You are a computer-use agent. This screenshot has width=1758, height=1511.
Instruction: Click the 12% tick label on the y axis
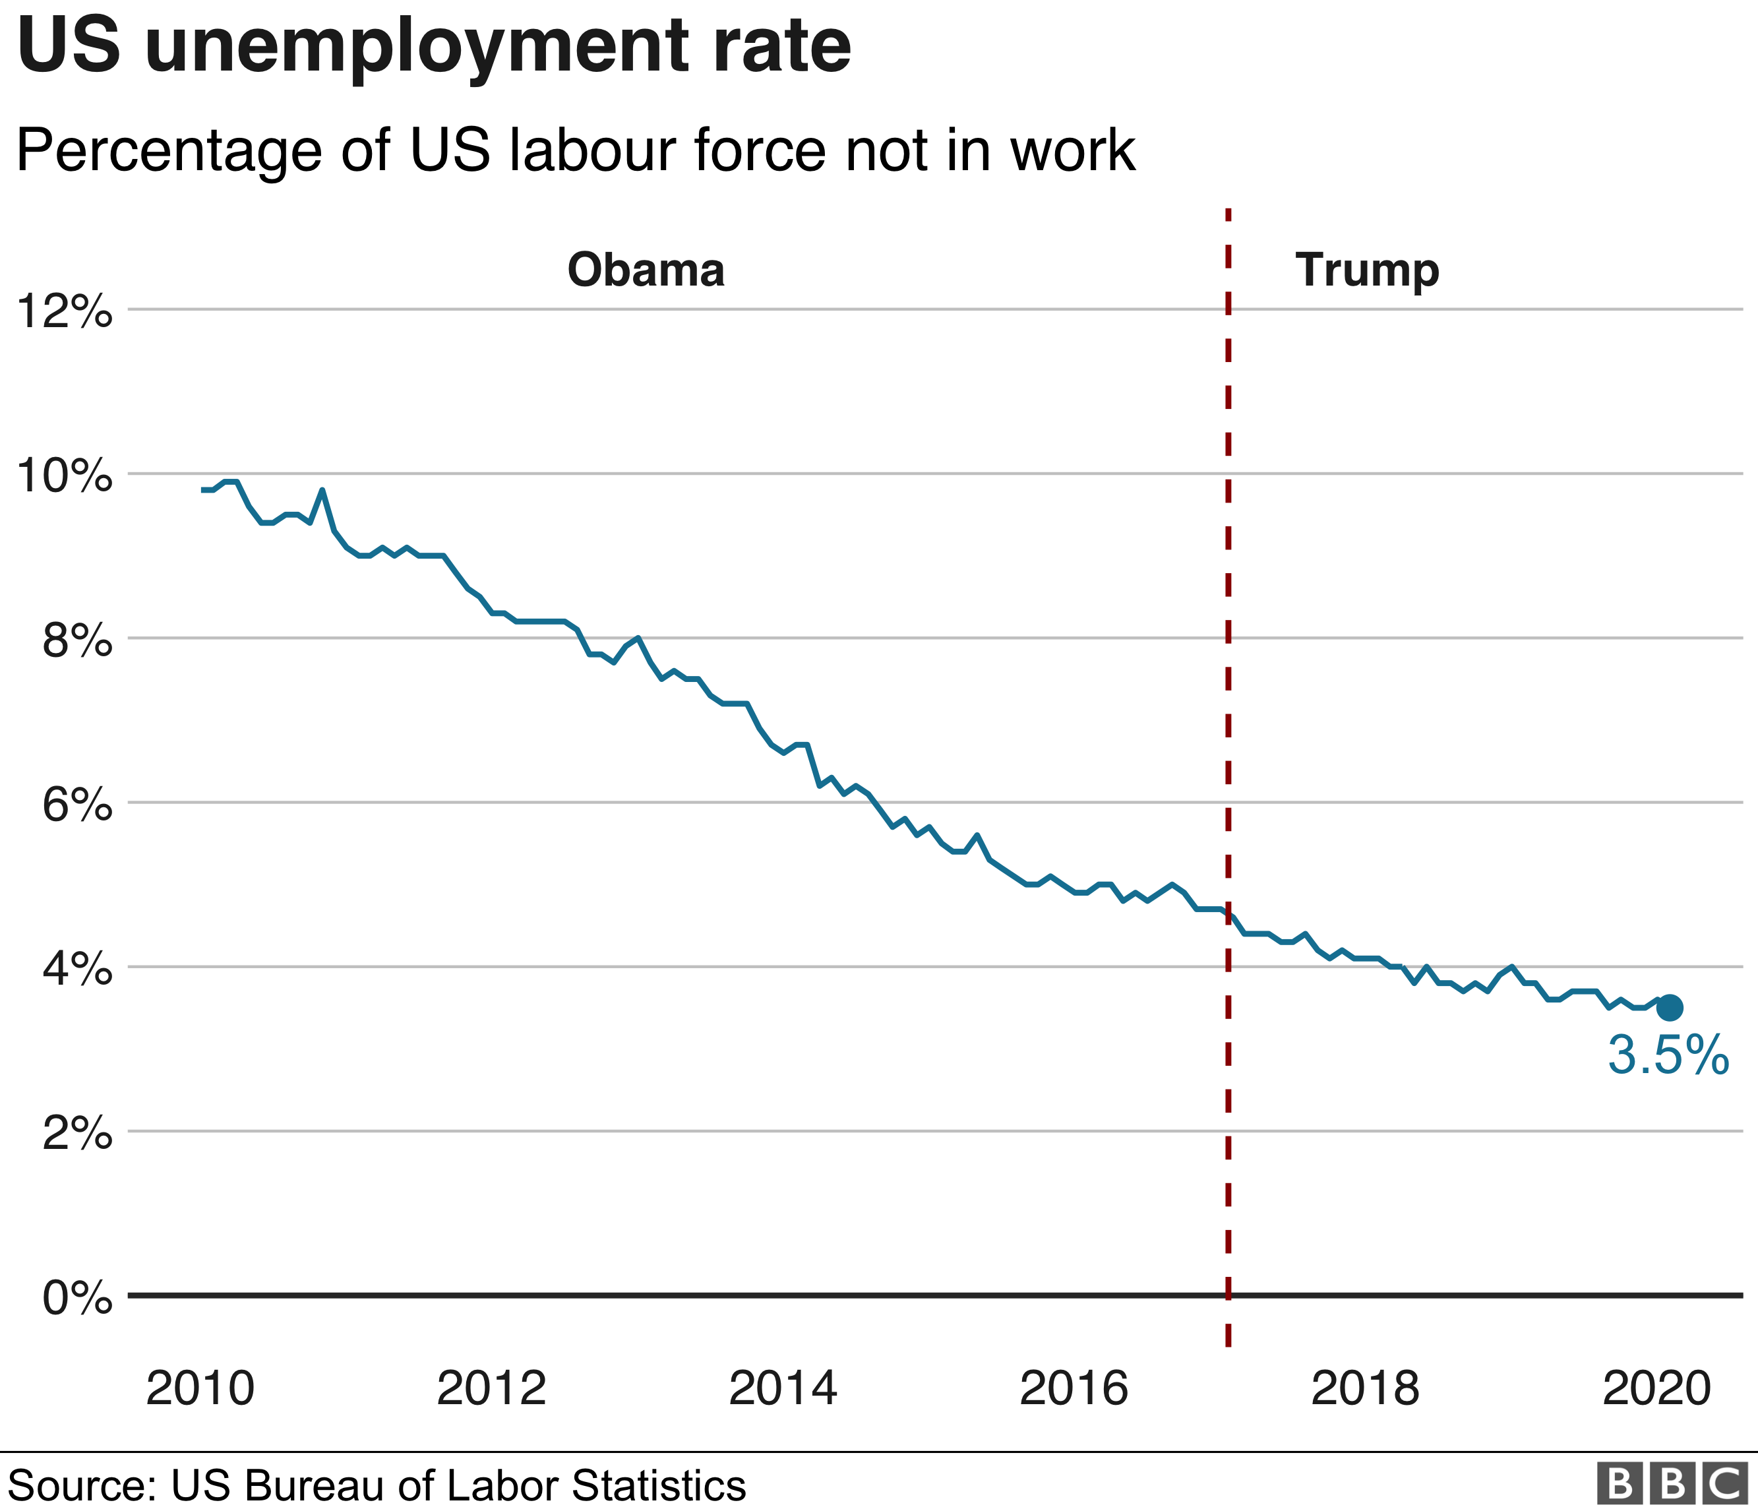pyautogui.click(x=65, y=311)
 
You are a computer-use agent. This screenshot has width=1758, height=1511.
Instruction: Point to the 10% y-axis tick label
pyautogui.click(x=65, y=476)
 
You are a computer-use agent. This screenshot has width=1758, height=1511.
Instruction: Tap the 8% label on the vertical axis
pyautogui.click(x=77, y=640)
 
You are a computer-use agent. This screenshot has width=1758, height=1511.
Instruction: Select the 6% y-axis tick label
pyautogui.click(x=77, y=804)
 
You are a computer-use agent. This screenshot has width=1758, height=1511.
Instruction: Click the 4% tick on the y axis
pyautogui.click(x=77, y=969)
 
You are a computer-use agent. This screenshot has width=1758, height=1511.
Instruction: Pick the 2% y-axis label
pyautogui.click(x=77, y=1134)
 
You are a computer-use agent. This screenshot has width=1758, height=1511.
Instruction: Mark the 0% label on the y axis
pyautogui.click(x=77, y=1298)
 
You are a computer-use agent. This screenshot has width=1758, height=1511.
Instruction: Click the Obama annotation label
pyautogui.click(x=646, y=270)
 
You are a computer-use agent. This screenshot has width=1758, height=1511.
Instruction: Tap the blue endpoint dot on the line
pyautogui.click(x=1670, y=1008)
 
